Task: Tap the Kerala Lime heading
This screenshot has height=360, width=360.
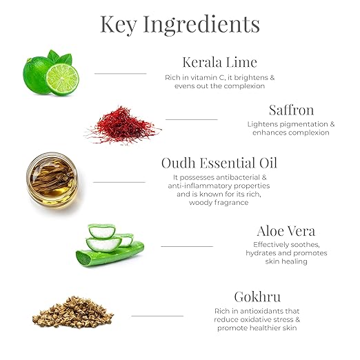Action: pyautogui.click(x=219, y=63)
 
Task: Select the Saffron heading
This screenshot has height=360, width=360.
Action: pyautogui.click(x=291, y=110)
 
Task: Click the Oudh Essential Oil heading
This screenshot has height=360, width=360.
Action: pyautogui.click(x=219, y=163)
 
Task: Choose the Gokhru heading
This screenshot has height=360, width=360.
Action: pyautogui.click(x=257, y=297)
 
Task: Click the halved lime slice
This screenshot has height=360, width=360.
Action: pyautogui.click(x=63, y=79)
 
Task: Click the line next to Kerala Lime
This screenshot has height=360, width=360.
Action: pyautogui.click(x=120, y=73)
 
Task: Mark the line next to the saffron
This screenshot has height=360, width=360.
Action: pyautogui.click(x=191, y=119)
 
